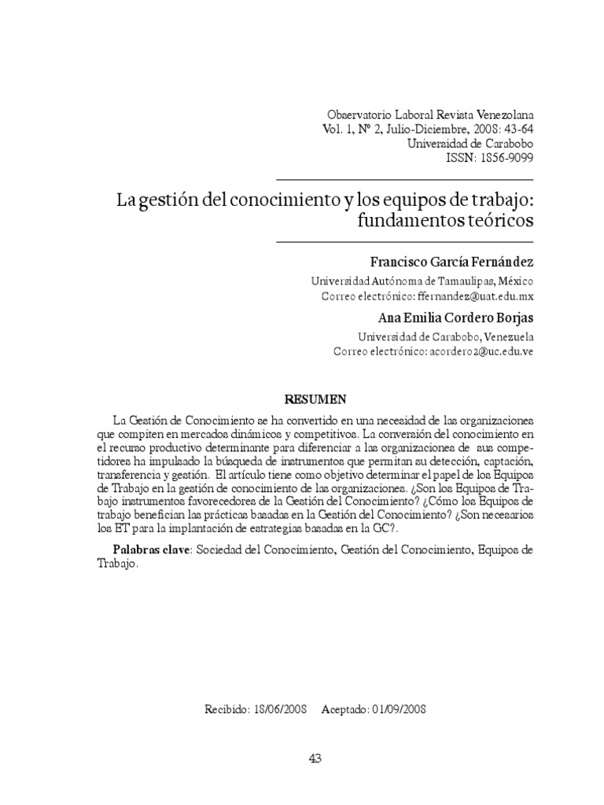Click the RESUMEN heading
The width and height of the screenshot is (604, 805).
coord(315,399)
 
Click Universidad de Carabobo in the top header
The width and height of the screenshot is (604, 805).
coord(470,143)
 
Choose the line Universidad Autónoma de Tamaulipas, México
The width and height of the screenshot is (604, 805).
coord(422,281)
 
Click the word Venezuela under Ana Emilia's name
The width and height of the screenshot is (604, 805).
coord(505,336)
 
